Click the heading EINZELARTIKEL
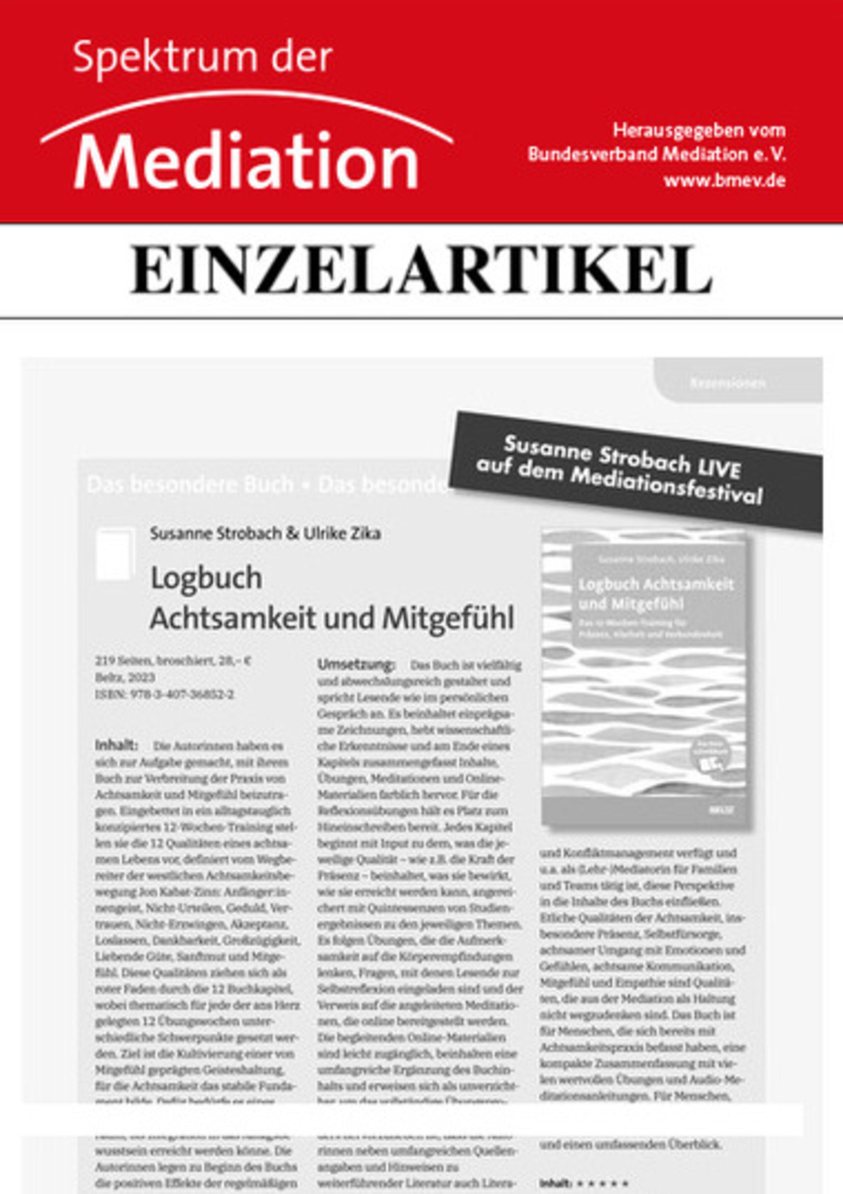pyautogui.click(x=421, y=271)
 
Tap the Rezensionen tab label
pyautogui.click(x=728, y=383)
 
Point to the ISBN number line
pyautogui.click(x=164, y=694)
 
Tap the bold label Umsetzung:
pyautogui.click(x=356, y=665)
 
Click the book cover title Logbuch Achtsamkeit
pyautogui.click(x=656, y=585)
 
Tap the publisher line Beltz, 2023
pyautogui.click(x=125, y=677)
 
